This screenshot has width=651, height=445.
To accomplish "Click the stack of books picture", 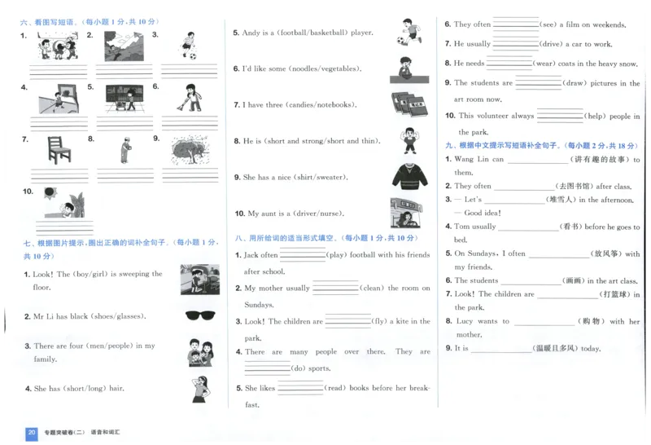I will (409, 104).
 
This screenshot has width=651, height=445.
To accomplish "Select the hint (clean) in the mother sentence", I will (372, 289).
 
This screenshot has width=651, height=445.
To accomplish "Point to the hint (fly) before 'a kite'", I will (379, 322).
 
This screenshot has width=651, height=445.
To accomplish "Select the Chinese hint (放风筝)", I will (603, 254).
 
